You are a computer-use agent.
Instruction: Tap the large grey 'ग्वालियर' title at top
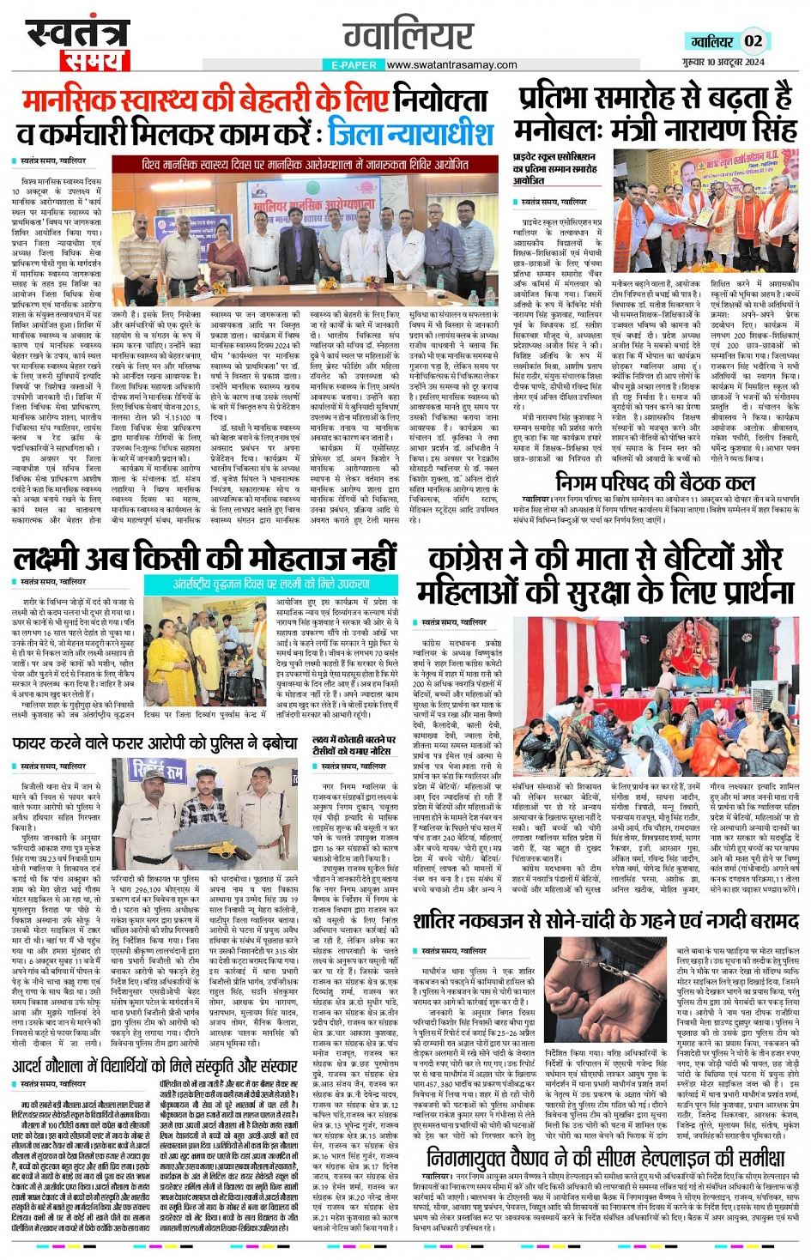pos(408,35)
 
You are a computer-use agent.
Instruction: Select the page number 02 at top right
pos(753,41)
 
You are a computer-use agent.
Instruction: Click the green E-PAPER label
pos(353,65)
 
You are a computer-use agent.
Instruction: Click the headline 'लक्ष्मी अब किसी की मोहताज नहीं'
pos(205,558)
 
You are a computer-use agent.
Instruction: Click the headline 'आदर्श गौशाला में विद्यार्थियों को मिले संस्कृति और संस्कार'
pos(154,1066)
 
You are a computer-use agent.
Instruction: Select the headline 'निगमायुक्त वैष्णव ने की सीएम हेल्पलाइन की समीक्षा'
pos(606,1158)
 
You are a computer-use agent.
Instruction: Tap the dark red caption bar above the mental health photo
pos(305,165)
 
